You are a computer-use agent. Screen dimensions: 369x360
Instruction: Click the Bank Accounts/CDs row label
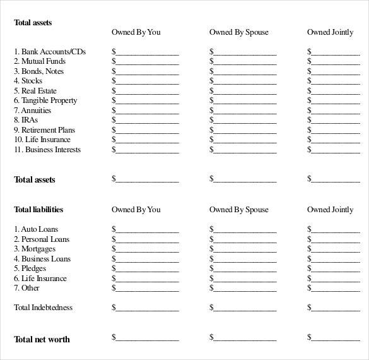click(50, 51)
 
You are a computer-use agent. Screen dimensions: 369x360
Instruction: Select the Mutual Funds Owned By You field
click(146, 62)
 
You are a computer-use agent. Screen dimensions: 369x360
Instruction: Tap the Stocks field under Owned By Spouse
click(244, 81)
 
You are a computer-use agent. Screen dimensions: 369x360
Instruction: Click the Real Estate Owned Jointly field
click(334, 92)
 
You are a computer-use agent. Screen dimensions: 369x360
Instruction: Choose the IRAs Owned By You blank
click(146, 121)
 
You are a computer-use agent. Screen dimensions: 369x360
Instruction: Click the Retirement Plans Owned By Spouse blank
click(244, 131)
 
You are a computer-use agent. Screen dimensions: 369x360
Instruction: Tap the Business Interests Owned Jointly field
click(334, 150)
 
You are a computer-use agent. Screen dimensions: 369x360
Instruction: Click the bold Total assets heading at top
click(33, 23)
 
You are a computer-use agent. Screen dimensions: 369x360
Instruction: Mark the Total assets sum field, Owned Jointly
click(334, 180)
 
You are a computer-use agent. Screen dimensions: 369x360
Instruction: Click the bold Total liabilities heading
click(38, 210)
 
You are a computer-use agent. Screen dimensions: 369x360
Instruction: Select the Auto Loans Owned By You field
click(146, 230)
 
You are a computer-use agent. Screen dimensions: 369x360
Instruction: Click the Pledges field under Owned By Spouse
click(244, 269)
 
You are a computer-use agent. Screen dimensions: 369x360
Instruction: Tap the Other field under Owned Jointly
click(334, 289)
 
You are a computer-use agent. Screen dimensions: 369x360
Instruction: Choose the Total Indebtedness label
click(43, 308)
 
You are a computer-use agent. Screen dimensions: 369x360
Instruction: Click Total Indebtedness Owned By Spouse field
click(244, 308)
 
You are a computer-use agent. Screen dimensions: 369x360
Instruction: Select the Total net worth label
click(42, 339)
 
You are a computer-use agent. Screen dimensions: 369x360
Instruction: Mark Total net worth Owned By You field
click(146, 339)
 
